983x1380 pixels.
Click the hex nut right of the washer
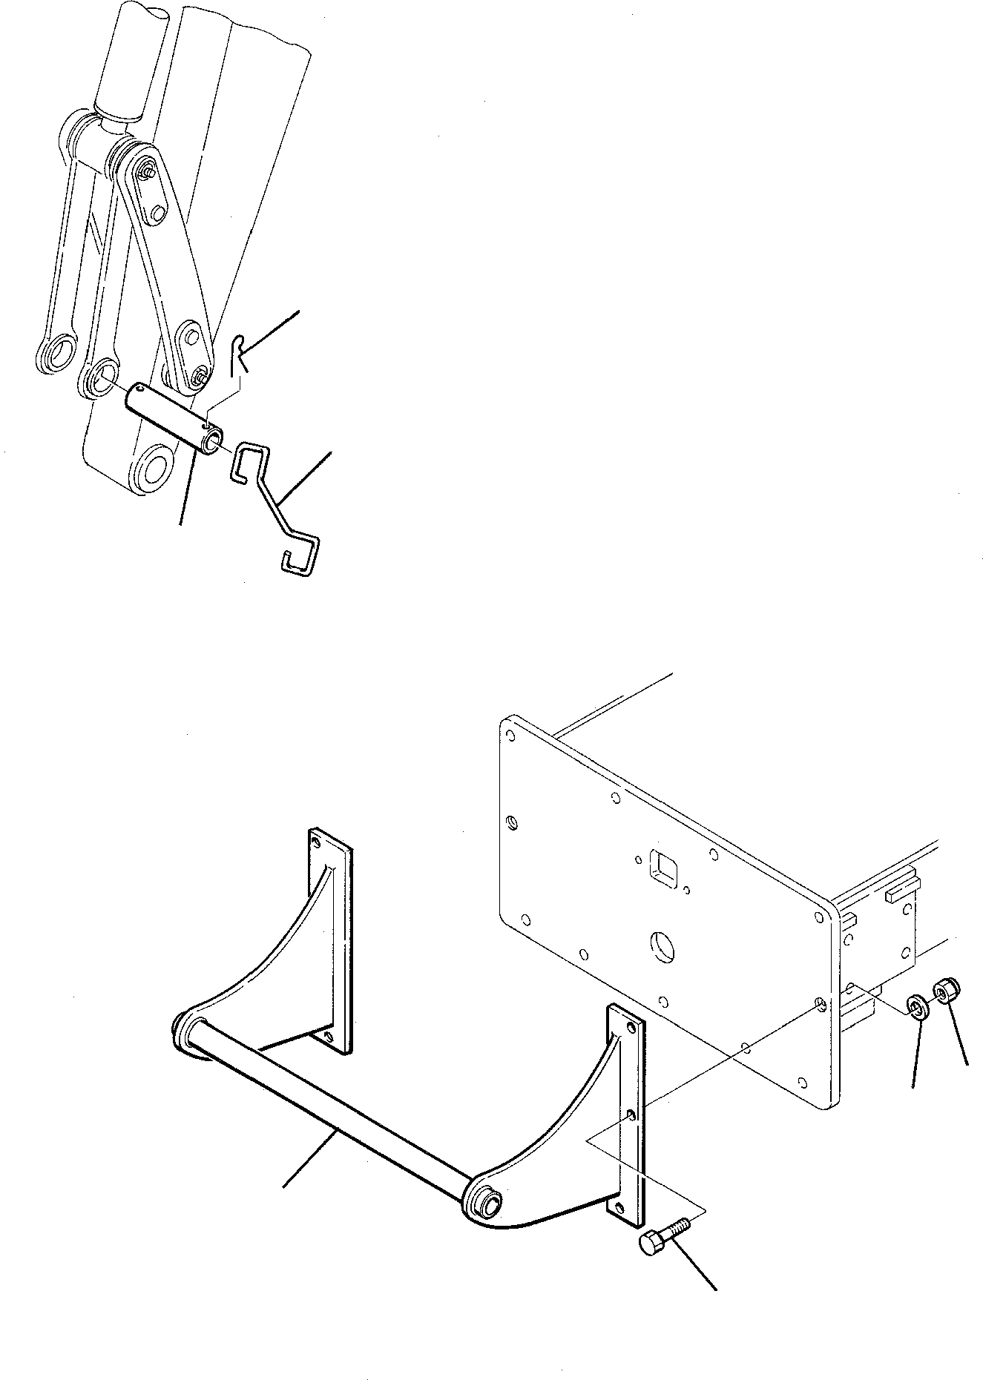coord(947,990)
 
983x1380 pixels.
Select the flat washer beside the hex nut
coord(918,1008)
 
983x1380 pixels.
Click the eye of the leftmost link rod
coord(57,351)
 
